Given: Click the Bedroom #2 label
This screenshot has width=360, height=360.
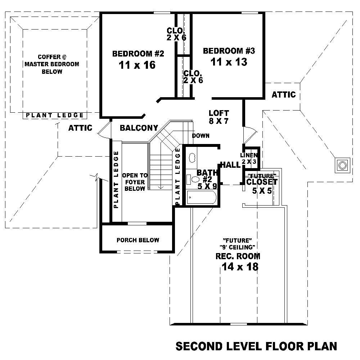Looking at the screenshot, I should tap(138, 54).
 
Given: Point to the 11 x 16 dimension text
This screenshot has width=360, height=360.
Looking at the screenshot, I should tap(137, 65).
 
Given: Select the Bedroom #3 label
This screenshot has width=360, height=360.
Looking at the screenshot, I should tap(229, 51).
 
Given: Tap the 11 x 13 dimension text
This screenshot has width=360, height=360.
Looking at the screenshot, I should tap(229, 62).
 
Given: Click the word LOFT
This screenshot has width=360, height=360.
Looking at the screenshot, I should tap(219, 113).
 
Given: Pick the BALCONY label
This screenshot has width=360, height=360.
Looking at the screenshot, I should tap(139, 128).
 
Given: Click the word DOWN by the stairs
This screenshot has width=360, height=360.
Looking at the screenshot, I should tap(201, 136).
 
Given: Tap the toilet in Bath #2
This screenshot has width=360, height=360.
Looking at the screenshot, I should tap(194, 179).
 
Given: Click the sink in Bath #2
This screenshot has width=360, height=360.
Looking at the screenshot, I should tap(192, 157).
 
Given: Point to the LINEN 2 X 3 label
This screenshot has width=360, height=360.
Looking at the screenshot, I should tap(249, 158).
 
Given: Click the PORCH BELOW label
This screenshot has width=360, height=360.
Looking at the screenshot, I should tap(138, 240).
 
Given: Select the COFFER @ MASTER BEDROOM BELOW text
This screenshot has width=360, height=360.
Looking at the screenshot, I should tap(52, 64).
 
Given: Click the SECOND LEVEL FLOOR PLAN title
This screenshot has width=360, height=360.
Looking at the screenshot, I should tap(256, 346).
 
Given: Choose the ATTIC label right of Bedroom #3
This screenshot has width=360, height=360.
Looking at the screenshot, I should tap(283, 95).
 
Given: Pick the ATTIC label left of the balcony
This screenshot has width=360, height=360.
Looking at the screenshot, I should tap(80, 128).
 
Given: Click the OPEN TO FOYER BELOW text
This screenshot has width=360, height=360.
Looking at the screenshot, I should tap(135, 182).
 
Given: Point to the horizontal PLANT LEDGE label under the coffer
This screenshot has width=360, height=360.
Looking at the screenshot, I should tap(55, 115).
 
